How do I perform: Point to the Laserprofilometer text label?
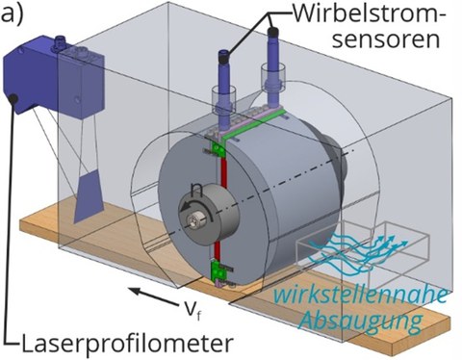point(129,340)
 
